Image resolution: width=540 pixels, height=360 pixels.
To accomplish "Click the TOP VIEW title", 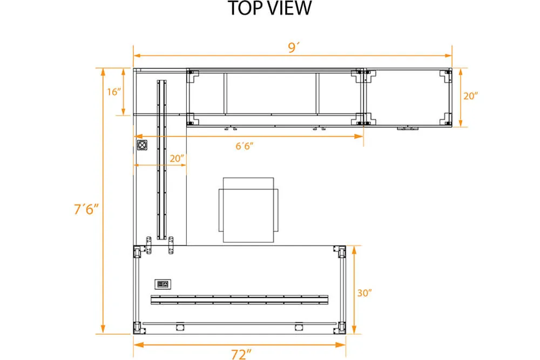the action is pyautogui.click(x=270, y=8).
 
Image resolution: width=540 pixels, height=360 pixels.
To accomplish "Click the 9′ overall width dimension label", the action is pyautogui.click(x=293, y=47).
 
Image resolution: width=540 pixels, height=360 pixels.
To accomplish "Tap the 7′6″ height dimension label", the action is pyautogui.click(x=86, y=209).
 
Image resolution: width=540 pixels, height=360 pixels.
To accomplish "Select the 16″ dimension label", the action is pyautogui.click(x=114, y=92).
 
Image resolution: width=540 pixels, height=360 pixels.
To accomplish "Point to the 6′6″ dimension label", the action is pyautogui.click(x=245, y=146).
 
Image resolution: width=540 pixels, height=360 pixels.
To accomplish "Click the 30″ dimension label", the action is pyautogui.click(x=364, y=293).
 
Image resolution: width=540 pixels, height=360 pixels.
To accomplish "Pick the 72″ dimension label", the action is pyautogui.click(x=241, y=354).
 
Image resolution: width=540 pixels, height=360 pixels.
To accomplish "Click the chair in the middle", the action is pyautogui.click(x=248, y=210).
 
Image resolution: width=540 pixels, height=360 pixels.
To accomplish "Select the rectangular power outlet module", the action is pyautogui.click(x=163, y=284).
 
